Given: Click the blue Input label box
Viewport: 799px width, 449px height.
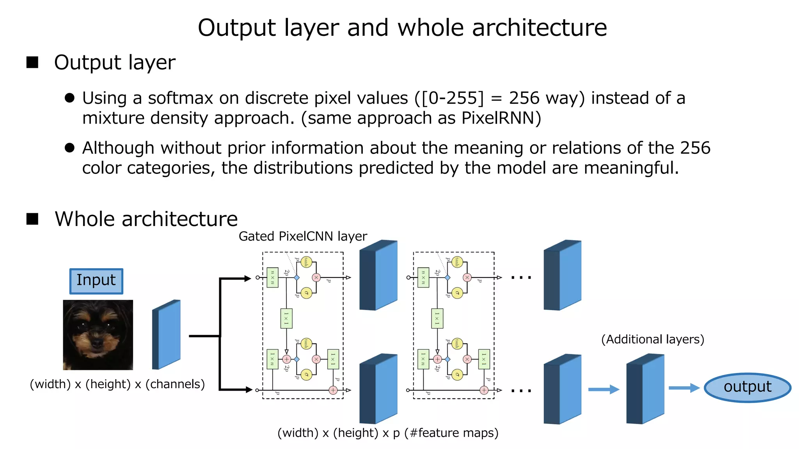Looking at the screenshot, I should pos(96,281).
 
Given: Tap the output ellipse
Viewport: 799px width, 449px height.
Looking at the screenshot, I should pos(747,387).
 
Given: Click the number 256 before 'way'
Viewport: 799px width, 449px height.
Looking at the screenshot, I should pos(524,98).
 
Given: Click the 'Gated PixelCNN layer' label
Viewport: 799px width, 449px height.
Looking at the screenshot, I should pos(303,236).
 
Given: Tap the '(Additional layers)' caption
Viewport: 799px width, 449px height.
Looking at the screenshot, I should pos(652,339).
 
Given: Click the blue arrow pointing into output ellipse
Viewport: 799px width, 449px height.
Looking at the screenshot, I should pos(684,388).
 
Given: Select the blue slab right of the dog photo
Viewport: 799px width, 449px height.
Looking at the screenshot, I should pos(167,335).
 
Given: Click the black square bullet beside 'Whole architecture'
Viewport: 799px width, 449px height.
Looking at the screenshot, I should pos(32,219).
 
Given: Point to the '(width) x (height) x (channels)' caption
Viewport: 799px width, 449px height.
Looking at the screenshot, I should pos(117,384).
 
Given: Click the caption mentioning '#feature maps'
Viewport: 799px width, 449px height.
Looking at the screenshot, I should pos(388,433).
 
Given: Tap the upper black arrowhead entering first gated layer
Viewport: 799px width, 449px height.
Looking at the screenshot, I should pos(247,278).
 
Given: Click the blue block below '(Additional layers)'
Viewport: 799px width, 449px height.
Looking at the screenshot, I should pos(645,389).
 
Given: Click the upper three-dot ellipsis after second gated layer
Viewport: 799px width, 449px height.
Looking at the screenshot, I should pos(521,278).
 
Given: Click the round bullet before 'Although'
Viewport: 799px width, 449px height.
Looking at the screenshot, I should pos(69,148).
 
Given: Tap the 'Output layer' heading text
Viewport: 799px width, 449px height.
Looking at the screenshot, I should pos(115,63).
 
